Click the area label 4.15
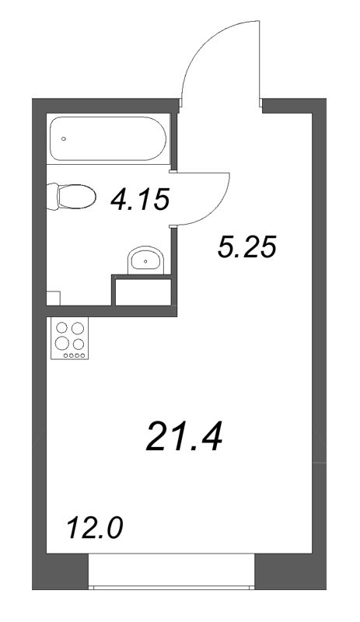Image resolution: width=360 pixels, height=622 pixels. (140, 201)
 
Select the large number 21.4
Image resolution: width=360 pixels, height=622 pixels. (184, 437)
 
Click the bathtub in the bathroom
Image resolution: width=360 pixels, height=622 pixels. (108, 139)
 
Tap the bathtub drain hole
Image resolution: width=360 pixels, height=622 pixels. (64, 139)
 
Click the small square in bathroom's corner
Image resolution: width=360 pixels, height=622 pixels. (54, 299)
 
